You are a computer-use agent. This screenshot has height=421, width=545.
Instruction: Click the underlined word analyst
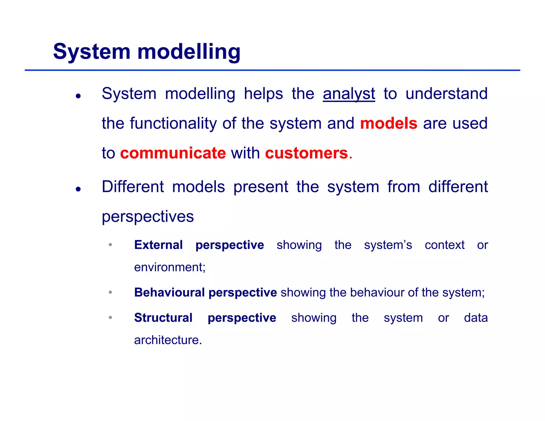coord(349,94)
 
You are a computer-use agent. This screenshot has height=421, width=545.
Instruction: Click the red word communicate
coord(173,153)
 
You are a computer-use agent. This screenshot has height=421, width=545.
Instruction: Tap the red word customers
coord(307,153)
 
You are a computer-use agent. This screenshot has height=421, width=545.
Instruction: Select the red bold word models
coord(389,123)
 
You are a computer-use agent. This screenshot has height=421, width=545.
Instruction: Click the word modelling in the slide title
coord(189,52)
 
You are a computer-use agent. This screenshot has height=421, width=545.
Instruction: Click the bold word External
coord(158,245)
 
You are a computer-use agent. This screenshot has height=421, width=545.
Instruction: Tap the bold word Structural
coord(163,318)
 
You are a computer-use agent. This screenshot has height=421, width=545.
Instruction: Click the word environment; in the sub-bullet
coord(170,267)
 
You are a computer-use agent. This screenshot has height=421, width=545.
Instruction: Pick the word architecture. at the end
coord(168,340)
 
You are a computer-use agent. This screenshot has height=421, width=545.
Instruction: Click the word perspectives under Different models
coord(148,217)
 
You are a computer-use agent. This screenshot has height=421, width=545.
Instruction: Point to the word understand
coord(446,94)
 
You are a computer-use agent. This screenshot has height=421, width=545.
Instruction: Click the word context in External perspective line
coord(444,245)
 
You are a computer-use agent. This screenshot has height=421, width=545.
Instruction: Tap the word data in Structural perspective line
coord(476,318)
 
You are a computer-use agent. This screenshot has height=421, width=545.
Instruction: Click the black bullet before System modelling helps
coord(78,96)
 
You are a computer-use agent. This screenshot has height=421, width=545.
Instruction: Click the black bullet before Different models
coord(78,189)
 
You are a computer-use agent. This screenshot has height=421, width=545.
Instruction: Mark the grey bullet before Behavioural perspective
coord(110,292)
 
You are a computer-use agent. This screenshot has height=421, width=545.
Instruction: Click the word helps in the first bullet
coord(263,94)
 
